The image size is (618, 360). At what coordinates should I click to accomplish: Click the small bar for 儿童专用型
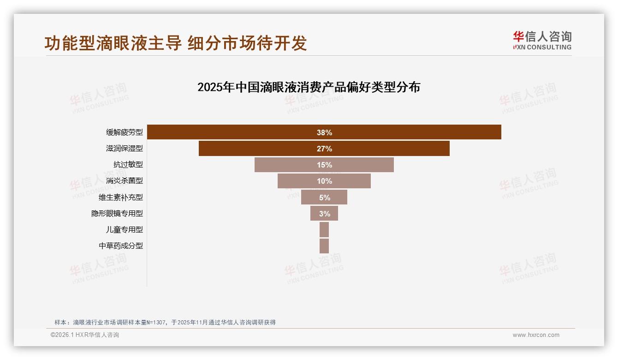[324, 229]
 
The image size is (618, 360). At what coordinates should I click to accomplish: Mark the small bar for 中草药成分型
[324, 246]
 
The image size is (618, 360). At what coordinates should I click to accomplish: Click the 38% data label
[324, 132]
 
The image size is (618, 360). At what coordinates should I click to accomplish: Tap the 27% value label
[324, 149]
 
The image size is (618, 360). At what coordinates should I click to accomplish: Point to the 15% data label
[324, 165]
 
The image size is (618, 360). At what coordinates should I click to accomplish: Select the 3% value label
[325, 214]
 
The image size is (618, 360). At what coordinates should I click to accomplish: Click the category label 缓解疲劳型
[125, 132]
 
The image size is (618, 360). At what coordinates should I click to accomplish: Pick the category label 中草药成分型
[121, 246]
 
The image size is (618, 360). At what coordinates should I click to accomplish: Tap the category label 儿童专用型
[125, 229]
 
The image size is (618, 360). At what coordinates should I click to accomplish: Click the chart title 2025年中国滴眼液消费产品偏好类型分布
[309, 87]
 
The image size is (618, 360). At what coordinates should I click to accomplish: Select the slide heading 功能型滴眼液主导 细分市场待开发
[176, 43]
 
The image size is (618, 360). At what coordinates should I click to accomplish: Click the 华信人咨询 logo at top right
[542, 40]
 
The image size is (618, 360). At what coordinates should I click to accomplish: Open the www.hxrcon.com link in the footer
[536, 335]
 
